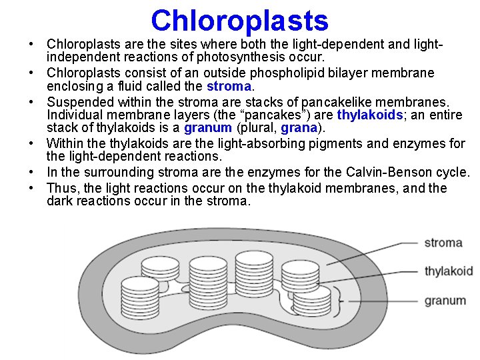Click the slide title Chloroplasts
[x=239, y=20]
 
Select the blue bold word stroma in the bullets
[x=229, y=87]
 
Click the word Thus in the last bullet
[x=63, y=187]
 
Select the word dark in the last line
[x=60, y=201]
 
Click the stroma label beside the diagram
[x=443, y=242]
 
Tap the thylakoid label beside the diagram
[x=449, y=271]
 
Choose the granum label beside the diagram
[x=445, y=301]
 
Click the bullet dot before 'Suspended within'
[x=32, y=102]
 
